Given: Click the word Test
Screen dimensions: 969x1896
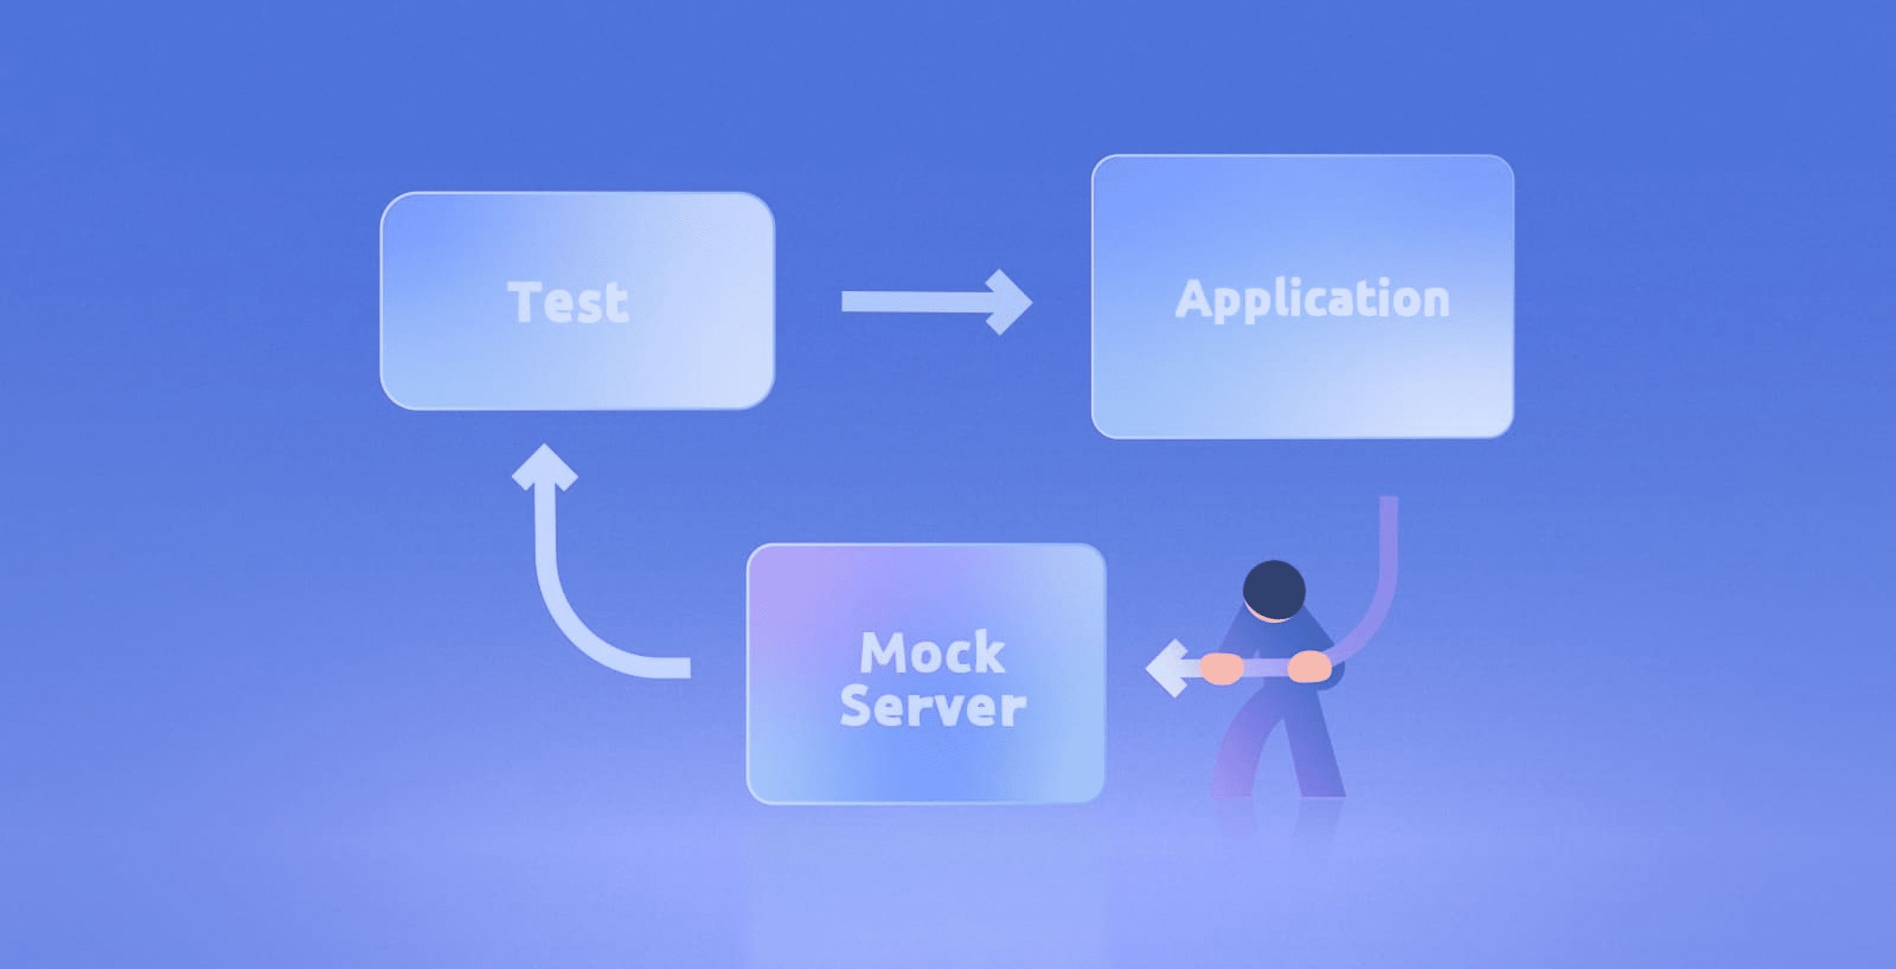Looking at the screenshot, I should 568,302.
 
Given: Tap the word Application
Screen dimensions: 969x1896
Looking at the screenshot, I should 1312,299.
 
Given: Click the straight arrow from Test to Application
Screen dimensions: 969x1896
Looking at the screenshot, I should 920,302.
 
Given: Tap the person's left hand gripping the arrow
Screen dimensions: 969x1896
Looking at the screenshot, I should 1222,669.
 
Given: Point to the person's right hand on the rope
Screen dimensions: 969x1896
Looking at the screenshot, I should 1309,666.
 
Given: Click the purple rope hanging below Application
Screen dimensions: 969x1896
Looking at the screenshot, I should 1387,559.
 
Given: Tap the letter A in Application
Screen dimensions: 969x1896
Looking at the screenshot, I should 1193,299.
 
